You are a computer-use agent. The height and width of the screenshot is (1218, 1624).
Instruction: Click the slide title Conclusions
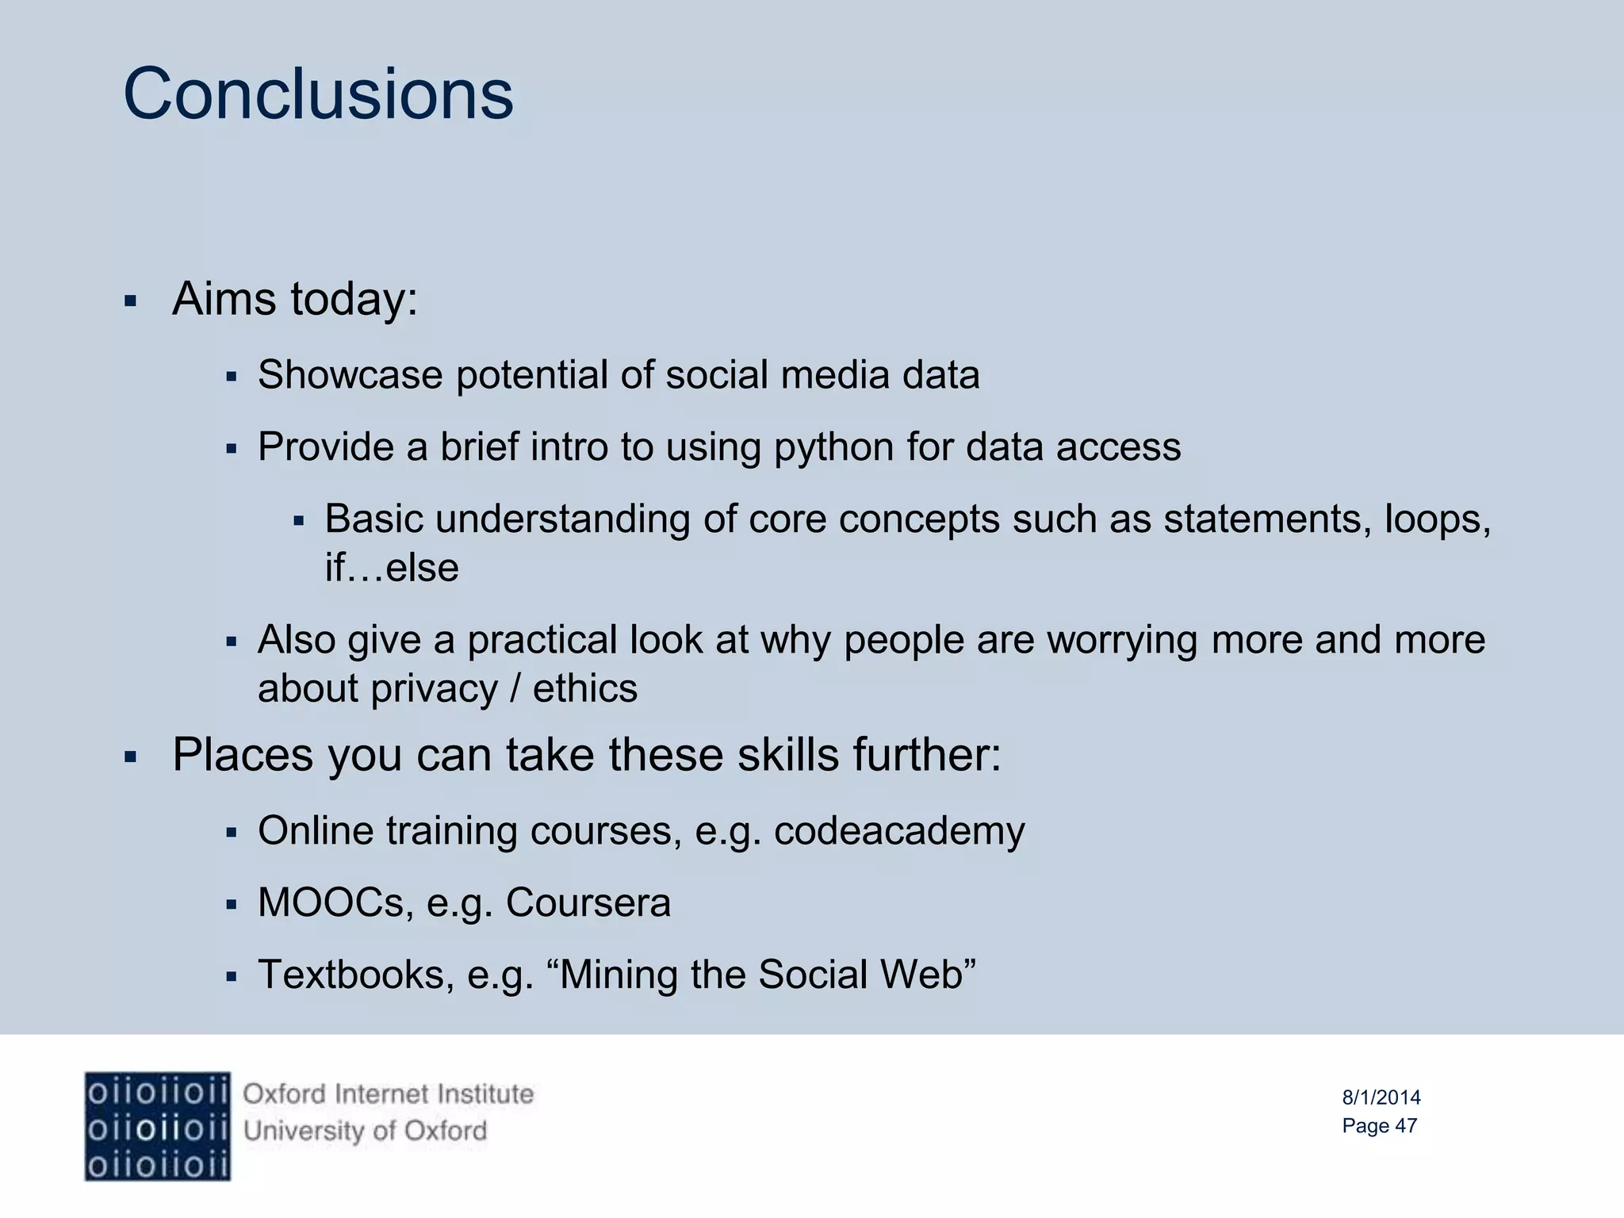[318, 94]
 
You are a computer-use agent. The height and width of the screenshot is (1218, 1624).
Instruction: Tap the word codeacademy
[899, 832]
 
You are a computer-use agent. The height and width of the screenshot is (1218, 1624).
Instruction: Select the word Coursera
[588, 903]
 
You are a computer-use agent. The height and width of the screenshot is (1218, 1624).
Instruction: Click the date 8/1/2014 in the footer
[1381, 1097]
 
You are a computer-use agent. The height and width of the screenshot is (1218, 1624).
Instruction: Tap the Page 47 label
[1379, 1126]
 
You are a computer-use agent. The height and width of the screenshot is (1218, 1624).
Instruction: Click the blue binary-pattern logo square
[157, 1127]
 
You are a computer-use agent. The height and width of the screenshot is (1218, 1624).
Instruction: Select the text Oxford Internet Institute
[388, 1094]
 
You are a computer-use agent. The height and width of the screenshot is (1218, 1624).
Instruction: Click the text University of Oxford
[365, 1131]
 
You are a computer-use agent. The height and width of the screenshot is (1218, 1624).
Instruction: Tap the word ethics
[584, 688]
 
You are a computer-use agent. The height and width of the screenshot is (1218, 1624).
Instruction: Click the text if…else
[392, 568]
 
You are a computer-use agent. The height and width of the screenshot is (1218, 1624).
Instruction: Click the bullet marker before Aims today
[131, 302]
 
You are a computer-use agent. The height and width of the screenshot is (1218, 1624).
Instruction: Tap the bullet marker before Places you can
[131, 757]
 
